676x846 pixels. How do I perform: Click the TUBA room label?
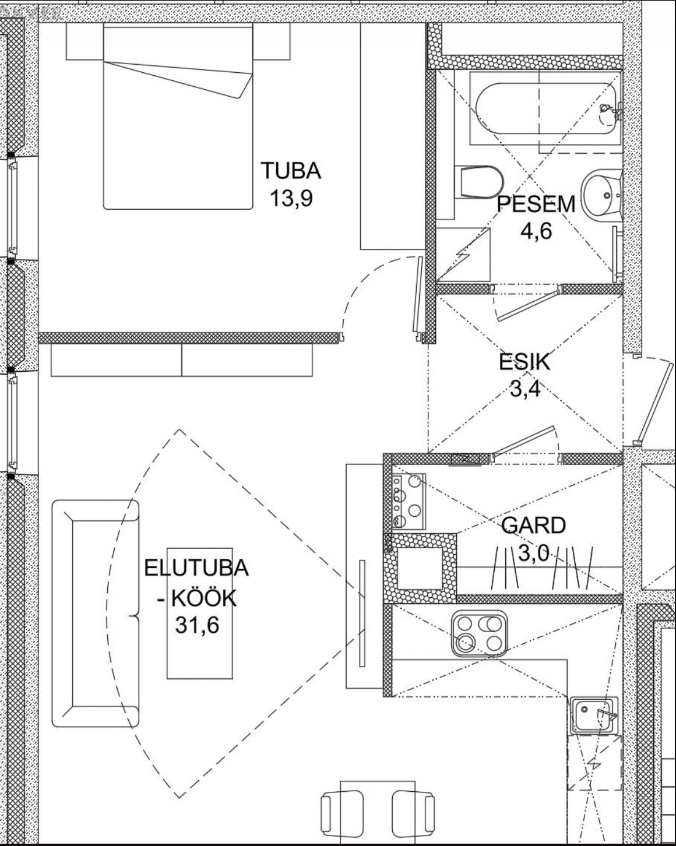point(291,171)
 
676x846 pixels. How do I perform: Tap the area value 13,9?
point(291,198)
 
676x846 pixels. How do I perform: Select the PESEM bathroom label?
point(536,205)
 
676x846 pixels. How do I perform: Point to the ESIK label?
point(524,362)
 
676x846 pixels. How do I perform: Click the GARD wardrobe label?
point(534,525)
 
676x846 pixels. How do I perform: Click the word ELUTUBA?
point(196,568)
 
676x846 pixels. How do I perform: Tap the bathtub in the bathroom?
point(546,109)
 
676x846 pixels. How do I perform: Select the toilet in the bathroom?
point(479,182)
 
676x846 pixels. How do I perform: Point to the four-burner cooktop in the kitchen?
point(479,634)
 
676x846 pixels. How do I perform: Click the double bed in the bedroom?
point(178,116)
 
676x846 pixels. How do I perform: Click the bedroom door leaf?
point(417,295)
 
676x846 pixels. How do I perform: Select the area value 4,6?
point(536,231)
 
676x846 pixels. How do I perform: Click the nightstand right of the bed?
point(272,41)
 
